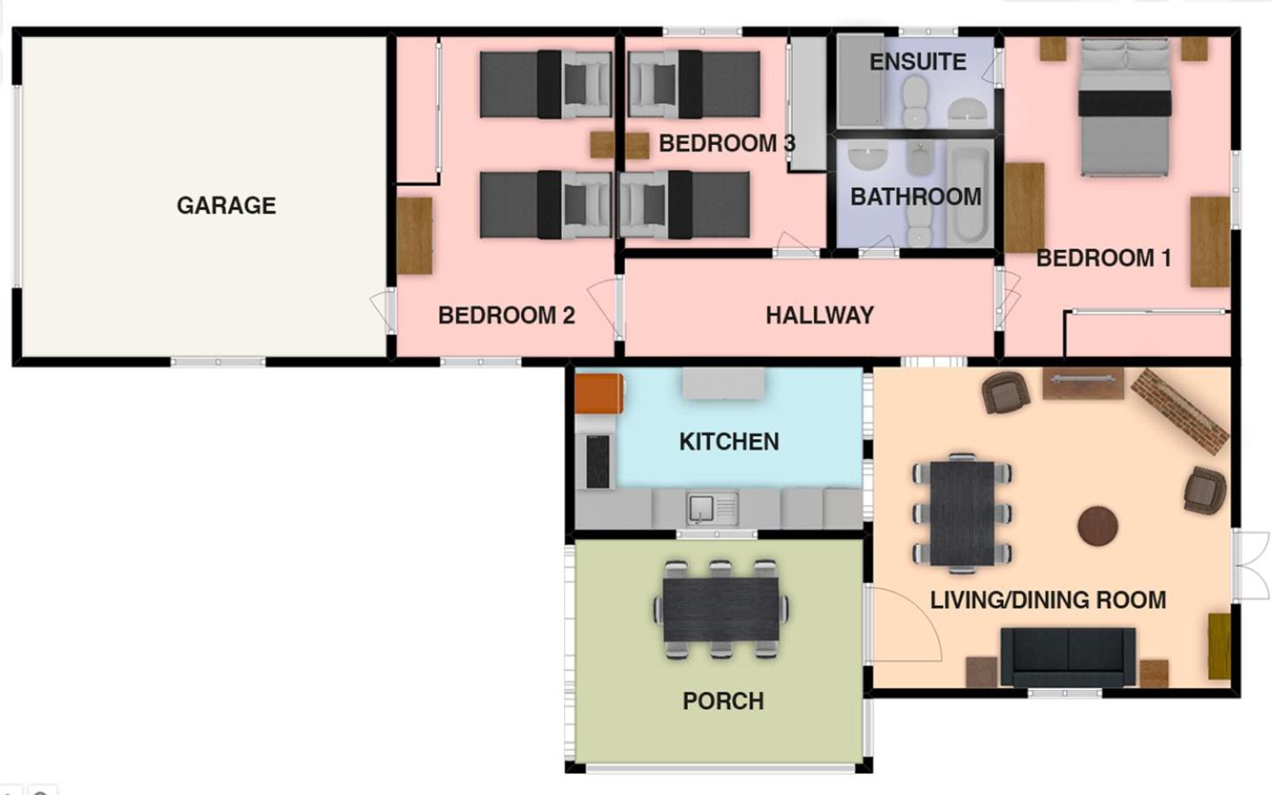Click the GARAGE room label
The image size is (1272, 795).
(x=226, y=205)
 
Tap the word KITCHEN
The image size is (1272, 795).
(x=729, y=442)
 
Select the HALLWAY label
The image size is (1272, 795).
(x=819, y=315)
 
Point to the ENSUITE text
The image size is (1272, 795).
(x=918, y=62)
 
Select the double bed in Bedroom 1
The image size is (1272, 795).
(x=1124, y=107)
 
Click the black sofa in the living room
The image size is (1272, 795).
(x=1068, y=656)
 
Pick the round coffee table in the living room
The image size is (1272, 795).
(x=1098, y=526)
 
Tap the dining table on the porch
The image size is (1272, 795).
(x=721, y=609)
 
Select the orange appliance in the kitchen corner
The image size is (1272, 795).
(x=598, y=393)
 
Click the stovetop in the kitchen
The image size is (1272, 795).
(x=598, y=461)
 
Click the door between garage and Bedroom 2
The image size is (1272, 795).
(x=384, y=310)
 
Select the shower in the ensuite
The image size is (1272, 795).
(x=860, y=80)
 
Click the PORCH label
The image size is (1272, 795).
(x=723, y=700)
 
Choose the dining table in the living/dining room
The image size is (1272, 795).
(x=962, y=513)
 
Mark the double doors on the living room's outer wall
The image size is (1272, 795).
(x=1251, y=565)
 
